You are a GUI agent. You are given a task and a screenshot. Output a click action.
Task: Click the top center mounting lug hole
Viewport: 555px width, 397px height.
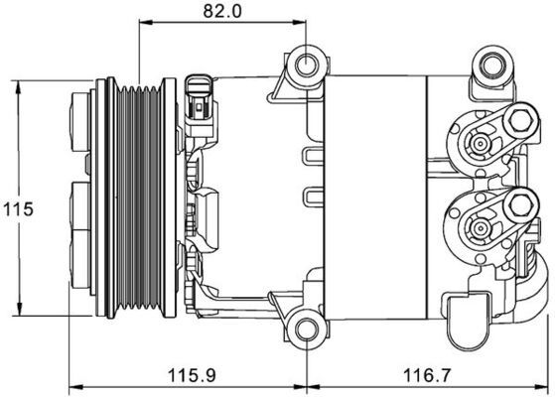305,67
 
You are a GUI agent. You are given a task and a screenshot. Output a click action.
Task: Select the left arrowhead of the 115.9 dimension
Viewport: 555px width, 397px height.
72,387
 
